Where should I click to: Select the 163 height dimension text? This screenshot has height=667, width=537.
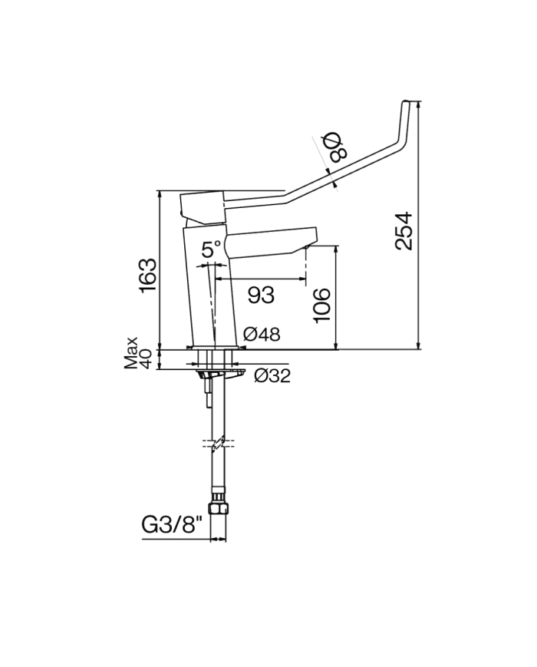point(149,276)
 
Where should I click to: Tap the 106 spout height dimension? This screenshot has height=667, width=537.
point(322,305)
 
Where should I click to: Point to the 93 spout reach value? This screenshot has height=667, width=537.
point(261,295)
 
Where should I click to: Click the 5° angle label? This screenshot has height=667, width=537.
point(211,249)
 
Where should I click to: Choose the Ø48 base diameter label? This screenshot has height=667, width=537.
point(262,335)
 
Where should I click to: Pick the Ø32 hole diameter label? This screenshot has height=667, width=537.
point(272,375)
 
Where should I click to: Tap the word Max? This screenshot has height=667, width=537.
point(131,352)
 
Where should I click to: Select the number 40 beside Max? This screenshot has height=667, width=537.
point(145,359)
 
